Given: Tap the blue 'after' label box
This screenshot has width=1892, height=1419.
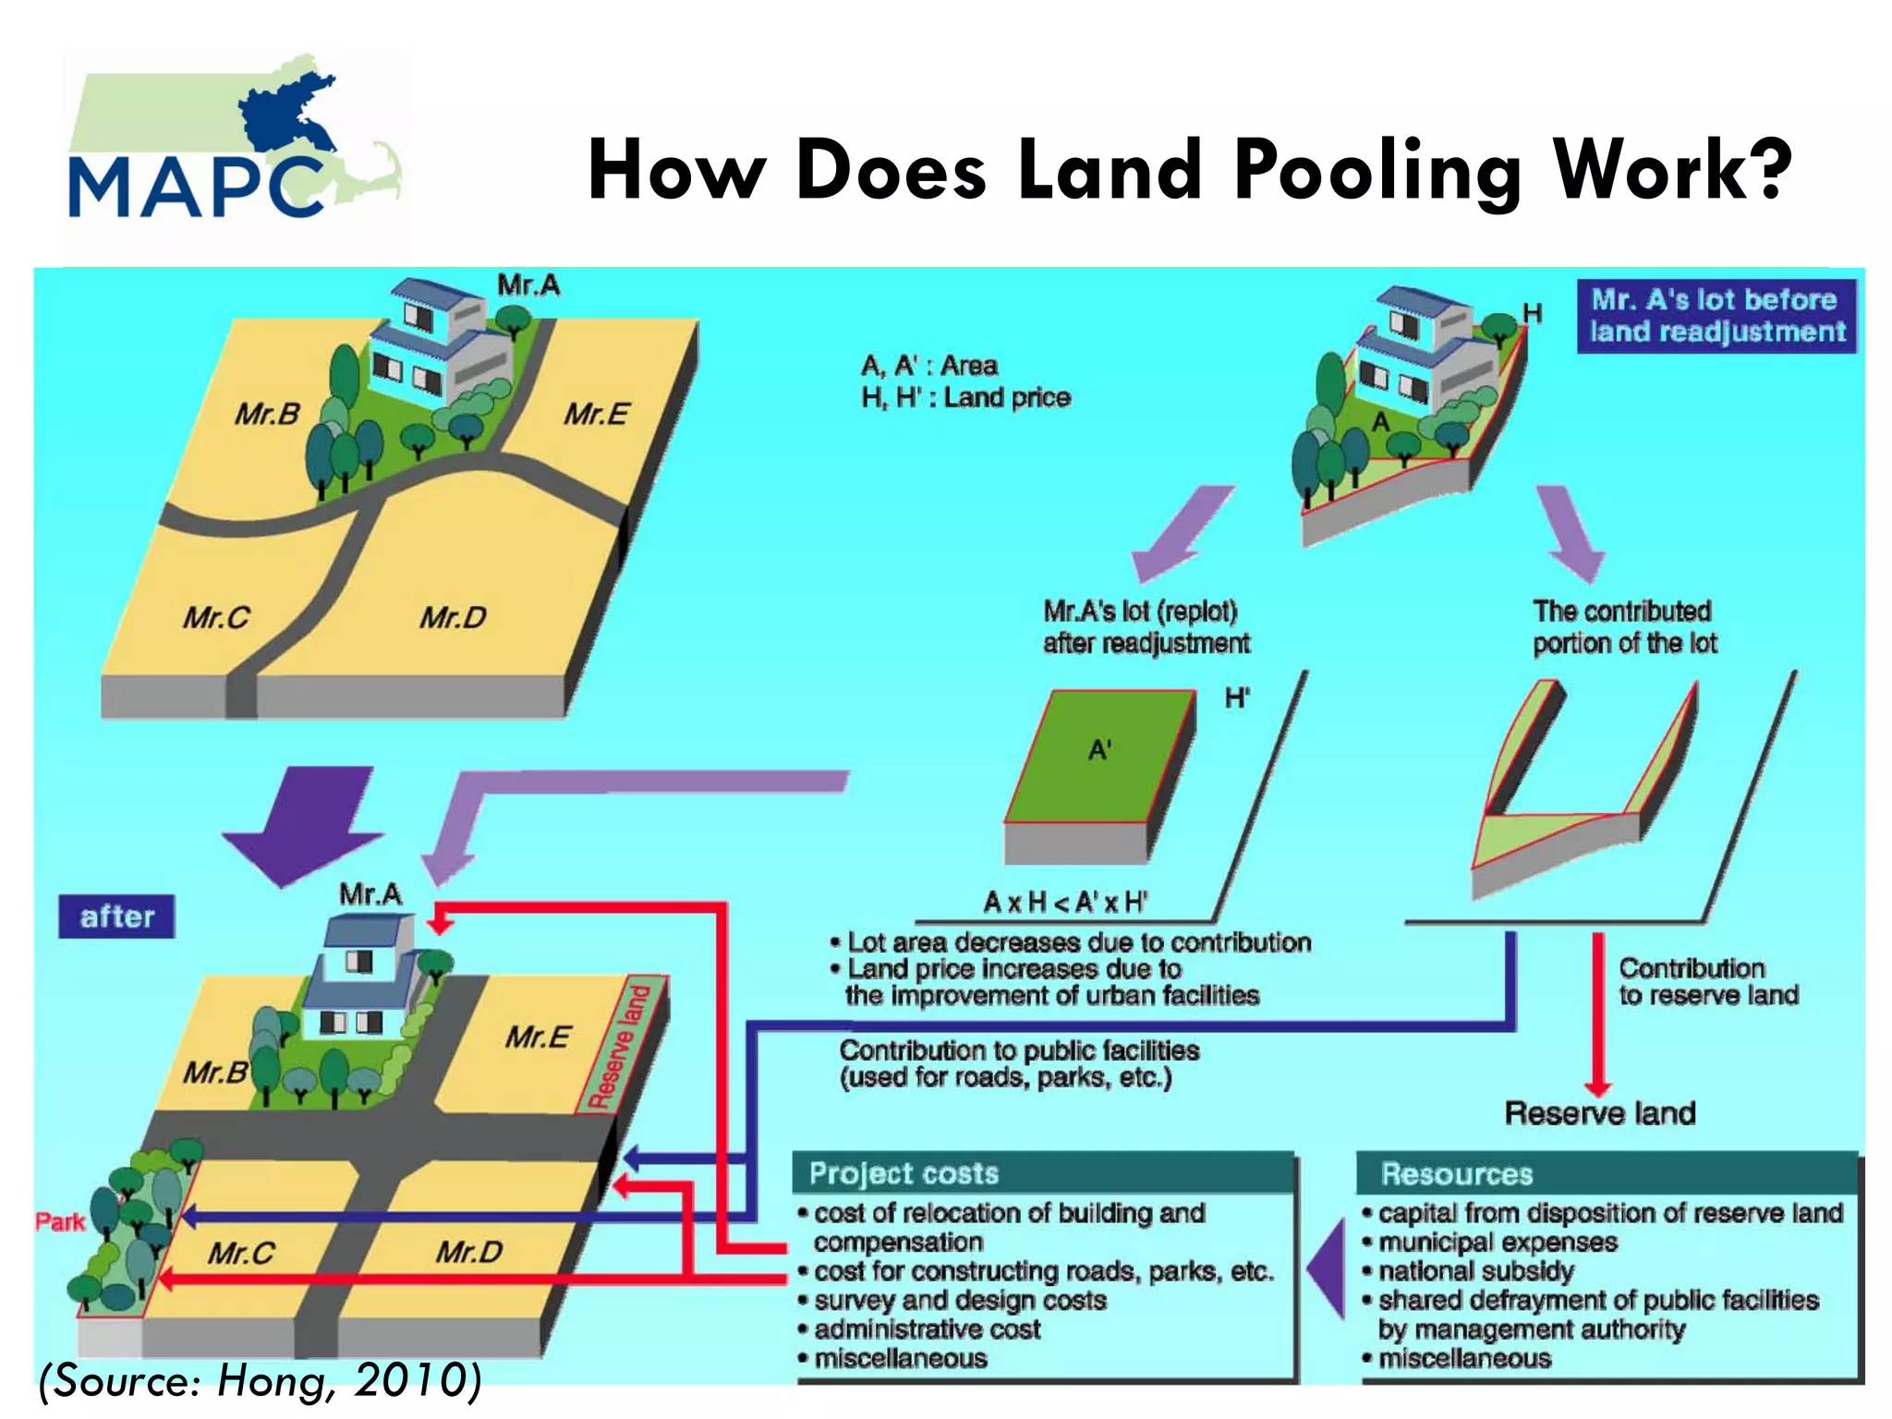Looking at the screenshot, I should (x=116, y=916).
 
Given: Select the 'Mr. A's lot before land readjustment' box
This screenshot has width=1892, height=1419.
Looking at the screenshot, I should (x=1716, y=316).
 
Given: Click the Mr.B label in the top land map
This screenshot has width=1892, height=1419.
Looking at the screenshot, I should (x=267, y=414).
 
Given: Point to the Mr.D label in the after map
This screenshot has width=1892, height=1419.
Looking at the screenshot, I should (x=469, y=1253).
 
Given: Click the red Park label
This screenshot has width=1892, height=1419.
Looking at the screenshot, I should (x=59, y=1222).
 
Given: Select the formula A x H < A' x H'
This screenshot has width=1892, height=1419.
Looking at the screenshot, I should (x=1065, y=902).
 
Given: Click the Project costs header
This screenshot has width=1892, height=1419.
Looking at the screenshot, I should (x=904, y=1173).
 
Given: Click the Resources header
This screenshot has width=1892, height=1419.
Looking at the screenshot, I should (x=1456, y=1173).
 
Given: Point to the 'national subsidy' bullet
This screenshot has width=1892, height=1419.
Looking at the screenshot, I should (x=1475, y=1271).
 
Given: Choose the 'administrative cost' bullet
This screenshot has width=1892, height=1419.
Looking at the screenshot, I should (x=927, y=1329).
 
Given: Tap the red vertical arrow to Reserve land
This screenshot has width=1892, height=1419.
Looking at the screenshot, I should (x=1597, y=1012).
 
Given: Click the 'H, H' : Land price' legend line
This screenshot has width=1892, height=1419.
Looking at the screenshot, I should (x=965, y=398).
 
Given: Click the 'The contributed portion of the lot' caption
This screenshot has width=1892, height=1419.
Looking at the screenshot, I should (x=1624, y=627).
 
